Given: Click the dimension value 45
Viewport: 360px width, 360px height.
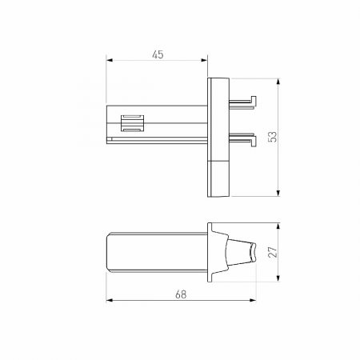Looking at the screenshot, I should point(157,54).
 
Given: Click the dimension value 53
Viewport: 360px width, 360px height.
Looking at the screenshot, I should point(272,136).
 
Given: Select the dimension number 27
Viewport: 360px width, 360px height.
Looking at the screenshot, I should point(272,251).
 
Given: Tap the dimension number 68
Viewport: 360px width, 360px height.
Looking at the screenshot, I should point(181,294).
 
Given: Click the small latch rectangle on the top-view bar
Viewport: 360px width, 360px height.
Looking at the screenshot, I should point(131,124).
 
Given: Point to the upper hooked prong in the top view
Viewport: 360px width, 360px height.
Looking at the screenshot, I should point(243,102).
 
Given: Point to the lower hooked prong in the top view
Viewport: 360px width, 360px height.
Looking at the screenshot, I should point(243,138).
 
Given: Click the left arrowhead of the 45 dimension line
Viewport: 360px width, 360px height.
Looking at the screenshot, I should point(110,62).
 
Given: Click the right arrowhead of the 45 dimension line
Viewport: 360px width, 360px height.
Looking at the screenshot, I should point(205,62).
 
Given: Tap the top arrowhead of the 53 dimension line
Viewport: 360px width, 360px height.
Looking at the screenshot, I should point(278,81).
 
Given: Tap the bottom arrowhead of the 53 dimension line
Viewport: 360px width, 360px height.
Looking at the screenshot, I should point(278,193).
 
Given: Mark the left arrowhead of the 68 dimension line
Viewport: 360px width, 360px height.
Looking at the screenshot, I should point(110,301).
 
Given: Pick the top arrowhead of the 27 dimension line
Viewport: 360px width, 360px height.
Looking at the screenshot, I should point(278,226).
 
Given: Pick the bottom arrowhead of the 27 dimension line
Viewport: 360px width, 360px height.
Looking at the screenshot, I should point(278,279).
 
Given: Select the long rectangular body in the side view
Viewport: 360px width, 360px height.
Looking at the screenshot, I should point(157,253).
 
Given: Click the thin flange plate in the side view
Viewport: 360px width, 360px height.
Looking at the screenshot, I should point(210,252).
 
